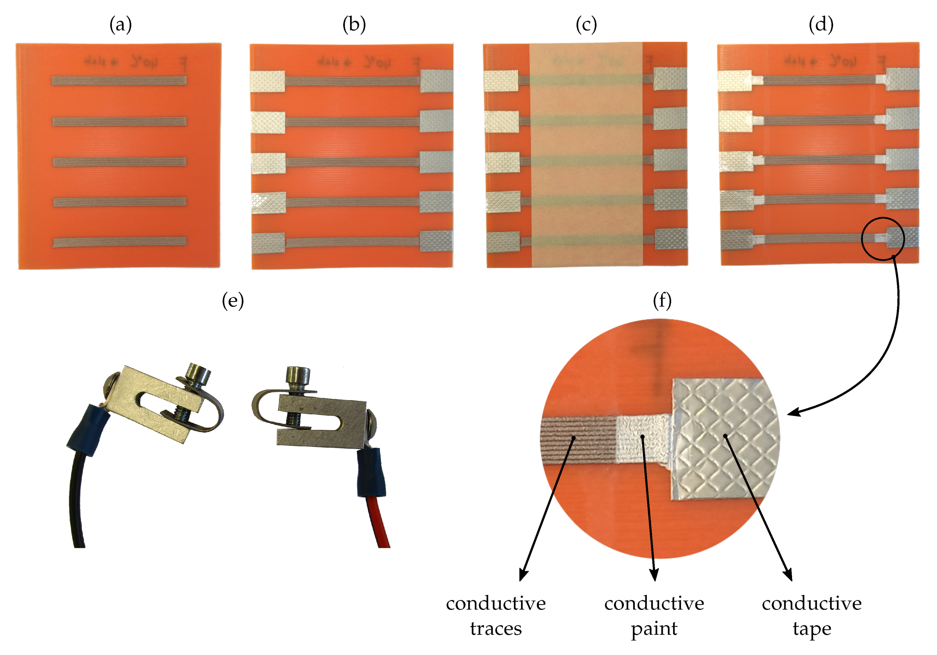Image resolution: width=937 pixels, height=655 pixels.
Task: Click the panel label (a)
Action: point(120,25)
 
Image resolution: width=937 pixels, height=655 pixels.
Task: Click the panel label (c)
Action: point(586,25)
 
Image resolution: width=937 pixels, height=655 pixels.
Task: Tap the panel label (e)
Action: point(232,301)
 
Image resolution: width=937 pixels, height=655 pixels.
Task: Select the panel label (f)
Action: point(662,301)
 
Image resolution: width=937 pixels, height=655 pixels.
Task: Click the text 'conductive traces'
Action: point(495,615)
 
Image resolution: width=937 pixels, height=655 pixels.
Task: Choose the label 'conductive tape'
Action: point(811,615)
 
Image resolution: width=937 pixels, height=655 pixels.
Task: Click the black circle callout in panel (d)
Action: point(883,239)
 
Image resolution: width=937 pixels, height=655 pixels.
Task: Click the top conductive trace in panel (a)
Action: point(119,80)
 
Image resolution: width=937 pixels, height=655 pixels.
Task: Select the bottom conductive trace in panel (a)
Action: point(119,242)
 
